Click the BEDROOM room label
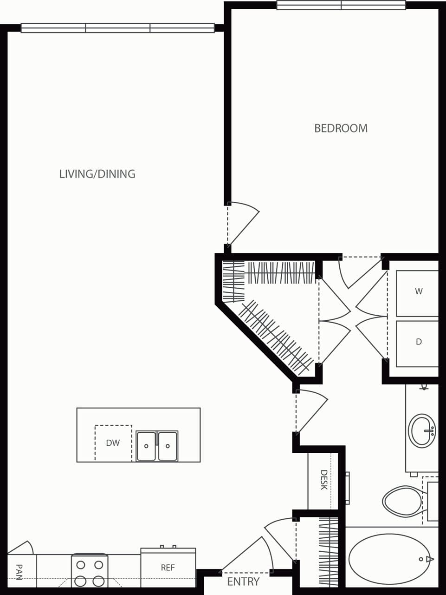coord(341,128)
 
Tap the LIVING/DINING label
coord(97,174)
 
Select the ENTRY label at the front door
coord(243,582)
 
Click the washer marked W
coord(418,292)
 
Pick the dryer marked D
coord(418,342)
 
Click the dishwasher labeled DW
coord(113,443)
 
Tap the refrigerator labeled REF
coord(168,568)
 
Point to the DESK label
coord(324,480)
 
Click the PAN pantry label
coord(19,572)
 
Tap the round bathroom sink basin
coord(421,430)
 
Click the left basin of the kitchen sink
coord(146,446)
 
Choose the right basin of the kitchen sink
coord(168,446)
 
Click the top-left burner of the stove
coord(81,565)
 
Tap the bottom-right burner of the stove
coord(98,581)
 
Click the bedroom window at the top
coord(341,6)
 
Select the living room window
coord(117,28)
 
